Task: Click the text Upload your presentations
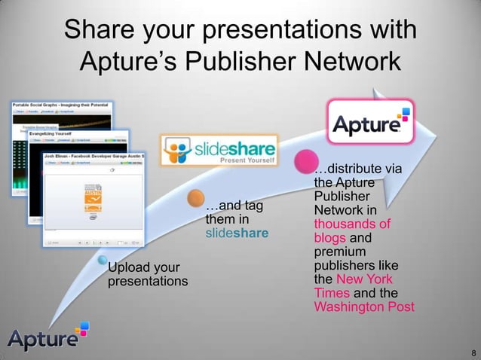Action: [147, 275]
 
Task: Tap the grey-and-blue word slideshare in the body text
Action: [237, 233]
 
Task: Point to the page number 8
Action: [473, 352]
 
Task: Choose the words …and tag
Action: [233, 205]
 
